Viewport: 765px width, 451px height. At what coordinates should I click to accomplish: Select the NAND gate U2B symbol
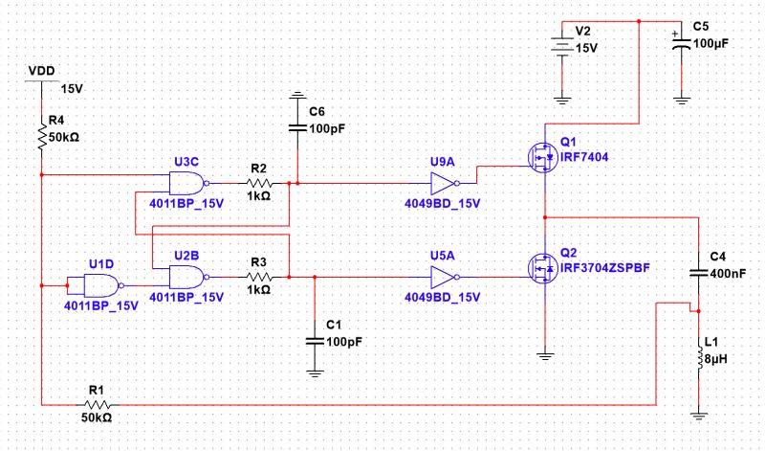(x=186, y=278)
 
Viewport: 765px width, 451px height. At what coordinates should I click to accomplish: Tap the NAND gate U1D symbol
(x=101, y=285)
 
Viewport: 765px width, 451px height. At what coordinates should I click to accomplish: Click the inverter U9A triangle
(x=444, y=182)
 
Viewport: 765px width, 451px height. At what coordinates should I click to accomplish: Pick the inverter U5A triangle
(x=444, y=278)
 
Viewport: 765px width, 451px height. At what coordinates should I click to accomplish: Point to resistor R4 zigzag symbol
(x=42, y=137)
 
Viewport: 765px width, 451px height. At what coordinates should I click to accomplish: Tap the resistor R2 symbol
(x=258, y=182)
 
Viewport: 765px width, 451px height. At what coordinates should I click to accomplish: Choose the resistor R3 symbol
(x=258, y=278)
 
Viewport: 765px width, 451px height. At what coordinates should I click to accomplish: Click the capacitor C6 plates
(x=298, y=127)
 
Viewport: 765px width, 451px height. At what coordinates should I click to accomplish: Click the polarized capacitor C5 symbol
(x=680, y=44)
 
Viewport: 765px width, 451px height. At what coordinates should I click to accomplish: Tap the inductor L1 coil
(x=699, y=359)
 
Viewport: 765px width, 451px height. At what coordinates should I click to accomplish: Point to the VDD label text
(x=41, y=71)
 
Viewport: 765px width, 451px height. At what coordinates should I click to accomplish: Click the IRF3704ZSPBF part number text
(x=604, y=269)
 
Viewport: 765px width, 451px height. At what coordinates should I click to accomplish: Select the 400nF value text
(x=726, y=273)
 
